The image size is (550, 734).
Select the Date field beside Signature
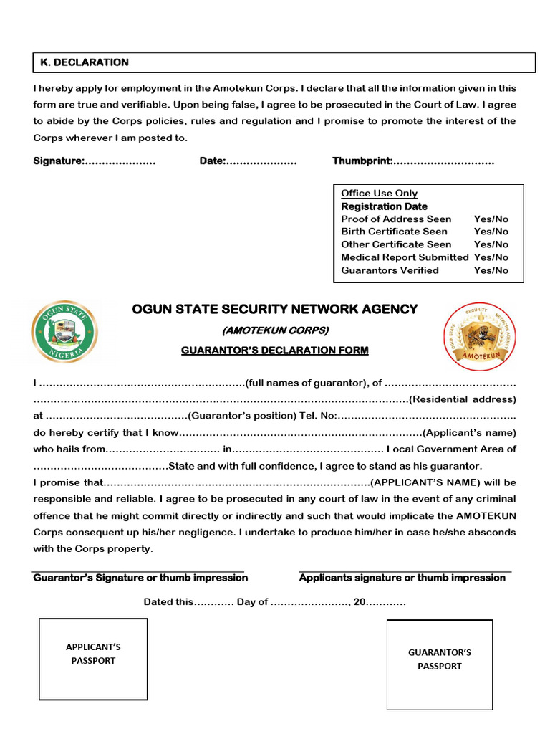click(261, 161)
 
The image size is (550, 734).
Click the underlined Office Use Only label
click(379, 194)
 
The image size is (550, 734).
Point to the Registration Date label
click(384, 206)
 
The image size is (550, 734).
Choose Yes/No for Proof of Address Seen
click(491, 219)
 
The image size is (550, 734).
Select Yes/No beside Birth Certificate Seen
click(491, 232)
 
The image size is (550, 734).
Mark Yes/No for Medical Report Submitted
click(491, 257)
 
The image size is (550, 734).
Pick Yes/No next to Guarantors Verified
click(491, 270)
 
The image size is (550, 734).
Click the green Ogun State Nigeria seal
click(64, 332)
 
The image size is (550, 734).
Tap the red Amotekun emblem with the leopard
click(477, 336)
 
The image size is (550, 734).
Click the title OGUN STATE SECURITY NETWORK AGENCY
click(274, 310)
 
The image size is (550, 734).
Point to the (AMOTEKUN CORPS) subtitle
click(275, 330)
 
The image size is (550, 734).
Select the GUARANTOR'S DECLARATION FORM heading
click(275, 351)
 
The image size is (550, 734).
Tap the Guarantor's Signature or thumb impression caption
click(140, 578)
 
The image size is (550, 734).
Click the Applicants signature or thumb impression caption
click(402, 578)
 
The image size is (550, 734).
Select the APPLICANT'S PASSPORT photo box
click(93, 659)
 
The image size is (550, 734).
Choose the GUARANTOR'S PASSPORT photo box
click(440, 664)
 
